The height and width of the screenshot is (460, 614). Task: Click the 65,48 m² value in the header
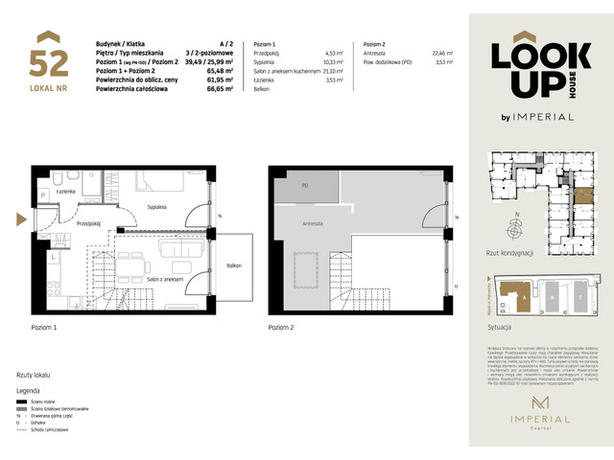(x=221, y=69)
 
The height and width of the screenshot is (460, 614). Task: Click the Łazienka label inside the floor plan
(x=66, y=193)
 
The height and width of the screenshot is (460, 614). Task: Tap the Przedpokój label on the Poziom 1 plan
(x=89, y=222)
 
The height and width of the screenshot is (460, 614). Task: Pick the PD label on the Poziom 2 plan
(x=304, y=185)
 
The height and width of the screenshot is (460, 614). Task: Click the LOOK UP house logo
(x=531, y=69)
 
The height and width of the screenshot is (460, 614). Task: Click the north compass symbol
(x=517, y=229)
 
